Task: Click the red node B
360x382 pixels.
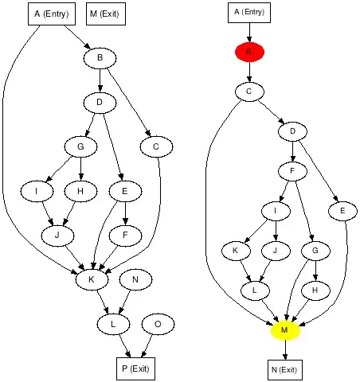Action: [x=248, y=52]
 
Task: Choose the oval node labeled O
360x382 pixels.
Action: [x=158, y=324]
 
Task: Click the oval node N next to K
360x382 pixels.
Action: [x=136, y=279]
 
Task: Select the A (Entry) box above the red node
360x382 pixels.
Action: [x=248, y=12]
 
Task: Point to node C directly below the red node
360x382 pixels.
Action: [x=248, y=92]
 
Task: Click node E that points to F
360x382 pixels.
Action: [x=124, y=191]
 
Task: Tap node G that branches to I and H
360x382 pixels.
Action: [x=80, y=146]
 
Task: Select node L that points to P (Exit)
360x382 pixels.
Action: [x=114, y=324]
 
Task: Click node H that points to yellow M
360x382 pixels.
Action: [x=315, y=290]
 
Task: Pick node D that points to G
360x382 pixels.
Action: [x=100, y=102]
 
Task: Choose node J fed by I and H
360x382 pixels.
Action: [x=57, y=236]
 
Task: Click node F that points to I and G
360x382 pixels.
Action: [x=293, y=171]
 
